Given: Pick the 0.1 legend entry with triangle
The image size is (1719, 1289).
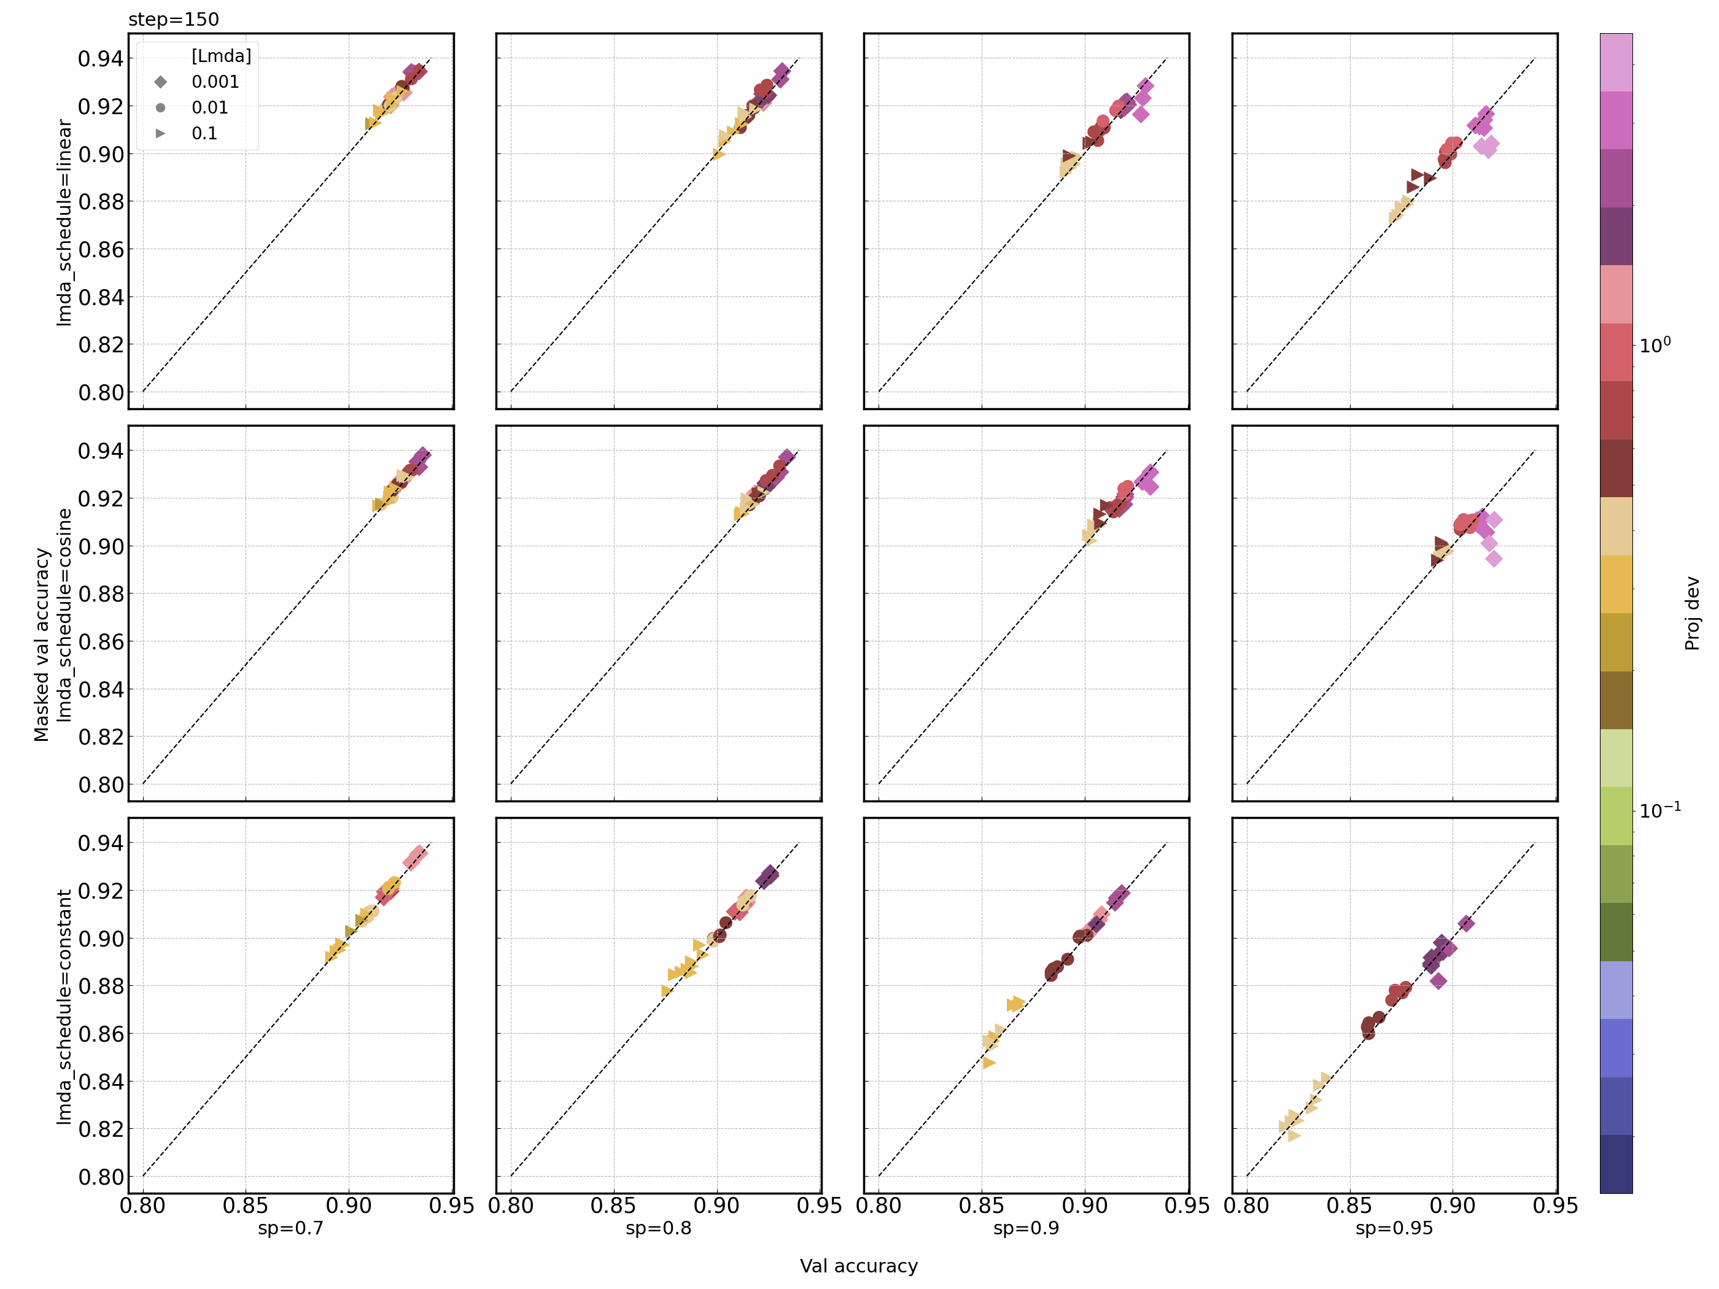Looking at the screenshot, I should (204, 133).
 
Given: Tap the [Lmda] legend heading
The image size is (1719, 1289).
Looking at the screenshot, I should (222, 56).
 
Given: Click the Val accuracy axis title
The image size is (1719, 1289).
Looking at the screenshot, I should (859, 1266).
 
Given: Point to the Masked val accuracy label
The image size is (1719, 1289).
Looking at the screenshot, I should (41, 645).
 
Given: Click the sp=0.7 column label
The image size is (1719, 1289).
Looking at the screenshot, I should (290, 1228).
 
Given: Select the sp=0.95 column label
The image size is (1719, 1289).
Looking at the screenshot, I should (1394, 1228).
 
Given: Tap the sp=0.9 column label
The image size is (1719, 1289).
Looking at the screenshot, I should (1026, 1228).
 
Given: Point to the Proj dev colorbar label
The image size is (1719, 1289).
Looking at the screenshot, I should (1692, 613).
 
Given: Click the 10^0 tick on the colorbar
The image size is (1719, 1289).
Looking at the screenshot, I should (1655, 346).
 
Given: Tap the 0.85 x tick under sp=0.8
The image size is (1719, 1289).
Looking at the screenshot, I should (613, 1206).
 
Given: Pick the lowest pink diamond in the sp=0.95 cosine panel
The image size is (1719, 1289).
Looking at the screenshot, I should (1494, 558).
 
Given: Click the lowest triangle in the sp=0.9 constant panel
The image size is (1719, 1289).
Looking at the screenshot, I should (988, 1062).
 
